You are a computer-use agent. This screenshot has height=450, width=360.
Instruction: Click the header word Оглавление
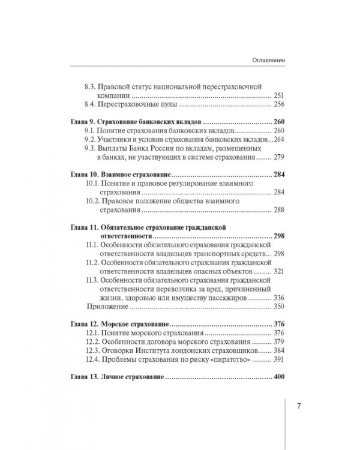265,61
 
